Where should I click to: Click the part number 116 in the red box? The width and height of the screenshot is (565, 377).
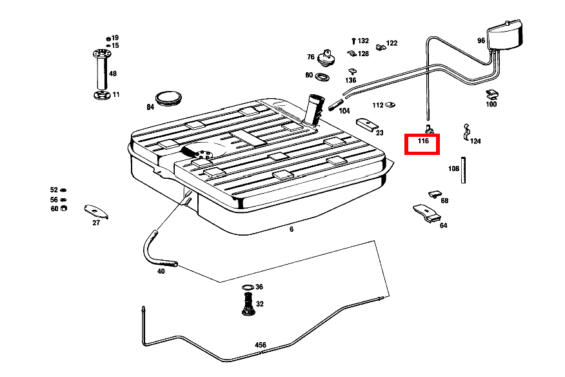[x=422, y=141]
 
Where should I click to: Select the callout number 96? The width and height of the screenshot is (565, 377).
[x=481, y=40]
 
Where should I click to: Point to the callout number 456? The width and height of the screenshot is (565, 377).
[x=261, y=345]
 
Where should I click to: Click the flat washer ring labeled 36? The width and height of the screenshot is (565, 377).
[x=248, y=287]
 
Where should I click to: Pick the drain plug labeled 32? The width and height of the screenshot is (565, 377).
[x=246, y=304]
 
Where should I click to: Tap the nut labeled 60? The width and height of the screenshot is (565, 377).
[x=63, y=209]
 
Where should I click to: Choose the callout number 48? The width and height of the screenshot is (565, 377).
[x=113, y=74]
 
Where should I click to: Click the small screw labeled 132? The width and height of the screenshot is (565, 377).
[x=353, y=41]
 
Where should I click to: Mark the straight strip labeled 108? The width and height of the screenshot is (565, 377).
[x=463, y=170]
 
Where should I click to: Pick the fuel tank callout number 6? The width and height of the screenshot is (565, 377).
[x=291, y=229]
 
